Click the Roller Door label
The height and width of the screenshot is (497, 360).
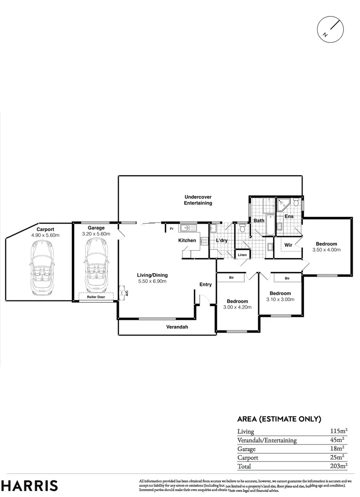(x=96, y=297)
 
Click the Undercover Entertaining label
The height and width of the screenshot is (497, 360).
(x=198, y=200)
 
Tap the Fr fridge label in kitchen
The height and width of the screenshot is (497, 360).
(x=171, y=228)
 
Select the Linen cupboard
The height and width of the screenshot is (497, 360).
(x=242, y=255)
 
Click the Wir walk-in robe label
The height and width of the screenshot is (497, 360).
(x=289, y=245)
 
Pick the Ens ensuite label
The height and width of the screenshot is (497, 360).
(x=289, y=216)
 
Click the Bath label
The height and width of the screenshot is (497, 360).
(x=259, y=221)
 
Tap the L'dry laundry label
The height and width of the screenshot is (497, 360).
(x=222, y=241)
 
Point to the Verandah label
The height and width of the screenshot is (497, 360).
(x=177, y=327)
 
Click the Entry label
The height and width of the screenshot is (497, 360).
(x=205, y=284)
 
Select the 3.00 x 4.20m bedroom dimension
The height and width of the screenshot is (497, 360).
(x=237, y=307)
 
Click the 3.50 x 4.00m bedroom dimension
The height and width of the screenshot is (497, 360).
(x=326, y=250)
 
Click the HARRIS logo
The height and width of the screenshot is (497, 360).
(x=29, y=485)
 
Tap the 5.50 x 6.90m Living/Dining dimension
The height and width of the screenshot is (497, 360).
(x=152, y=281)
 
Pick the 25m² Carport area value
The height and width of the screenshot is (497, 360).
(x=340, y=457)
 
